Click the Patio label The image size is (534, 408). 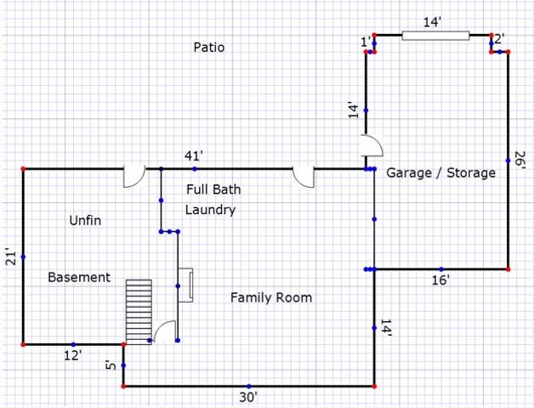[x=209, y=47]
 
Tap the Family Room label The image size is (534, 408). [x=271, y=297]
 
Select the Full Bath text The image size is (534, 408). [x=213, y=190]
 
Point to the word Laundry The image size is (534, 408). [x=211, y=210]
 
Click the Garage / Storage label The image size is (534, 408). [x=441, y=173]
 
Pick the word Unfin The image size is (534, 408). [x=85, y=220]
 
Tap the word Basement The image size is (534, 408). [x=79, y=277]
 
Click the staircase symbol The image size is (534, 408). [x=139, y=312]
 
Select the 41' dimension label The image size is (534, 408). [x=194, y=156]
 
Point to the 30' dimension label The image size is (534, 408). [x=248, y=397]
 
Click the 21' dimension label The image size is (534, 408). [x=10, y=258]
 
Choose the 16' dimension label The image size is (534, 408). [x=440, y=280]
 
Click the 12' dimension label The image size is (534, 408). [x=73, y=355]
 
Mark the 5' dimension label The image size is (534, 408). [x=111, y=366]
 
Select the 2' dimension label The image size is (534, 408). [x=499, y=39]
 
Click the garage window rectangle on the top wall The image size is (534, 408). [x=435, y=36]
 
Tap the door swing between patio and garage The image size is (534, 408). [x=372, y=145]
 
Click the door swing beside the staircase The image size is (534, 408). [x=164, y=331]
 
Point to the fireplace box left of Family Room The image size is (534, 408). [x=185, y=285]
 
